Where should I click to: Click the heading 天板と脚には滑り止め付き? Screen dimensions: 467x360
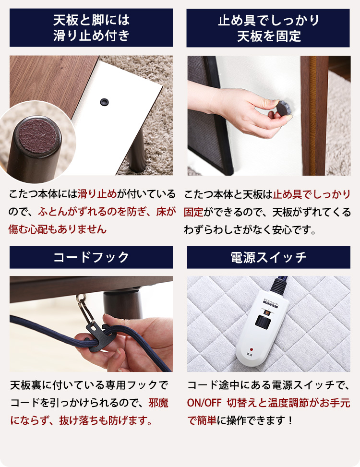coord(91,28)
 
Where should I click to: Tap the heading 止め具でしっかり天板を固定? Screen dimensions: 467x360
coord(268,28)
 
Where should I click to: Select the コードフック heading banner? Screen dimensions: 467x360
coord(91,257)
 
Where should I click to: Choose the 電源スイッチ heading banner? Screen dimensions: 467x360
coord(268,257)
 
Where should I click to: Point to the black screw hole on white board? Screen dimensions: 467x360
coord(103,101)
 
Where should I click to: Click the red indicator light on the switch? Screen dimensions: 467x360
coord(251,349)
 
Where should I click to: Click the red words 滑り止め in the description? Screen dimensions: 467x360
coord(96,194)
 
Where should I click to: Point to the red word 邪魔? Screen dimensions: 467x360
coord(158,402)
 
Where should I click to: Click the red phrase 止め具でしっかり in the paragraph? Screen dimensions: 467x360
coord(312,194)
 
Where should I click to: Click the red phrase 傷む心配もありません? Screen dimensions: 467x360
coord(58,229)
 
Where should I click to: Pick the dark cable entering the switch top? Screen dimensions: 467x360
coord(278,284)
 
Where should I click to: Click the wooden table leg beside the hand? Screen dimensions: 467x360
coord(314,115)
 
